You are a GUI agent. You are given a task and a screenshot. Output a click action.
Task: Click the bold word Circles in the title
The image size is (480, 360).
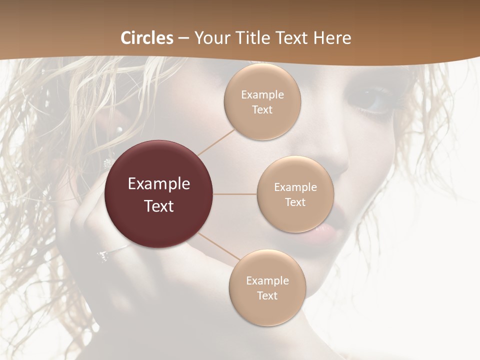coord(147,38)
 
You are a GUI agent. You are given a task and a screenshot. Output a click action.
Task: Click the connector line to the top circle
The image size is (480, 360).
coord(216,142)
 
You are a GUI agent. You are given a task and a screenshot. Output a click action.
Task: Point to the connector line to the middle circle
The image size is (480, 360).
coord(234,194)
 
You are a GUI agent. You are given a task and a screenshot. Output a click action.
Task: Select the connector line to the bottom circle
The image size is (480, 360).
coord(218,247)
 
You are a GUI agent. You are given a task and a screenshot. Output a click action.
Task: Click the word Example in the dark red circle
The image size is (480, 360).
coord(159,184)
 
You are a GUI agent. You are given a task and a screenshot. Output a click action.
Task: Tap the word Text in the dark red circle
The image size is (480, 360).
coord(159,206)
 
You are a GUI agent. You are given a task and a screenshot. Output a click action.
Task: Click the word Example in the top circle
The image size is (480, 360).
coord(262,95)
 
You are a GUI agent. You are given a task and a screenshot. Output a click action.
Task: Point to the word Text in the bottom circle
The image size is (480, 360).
coord(267,295)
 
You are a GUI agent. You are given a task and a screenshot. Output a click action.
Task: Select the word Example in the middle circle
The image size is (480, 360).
coord(295,187)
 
